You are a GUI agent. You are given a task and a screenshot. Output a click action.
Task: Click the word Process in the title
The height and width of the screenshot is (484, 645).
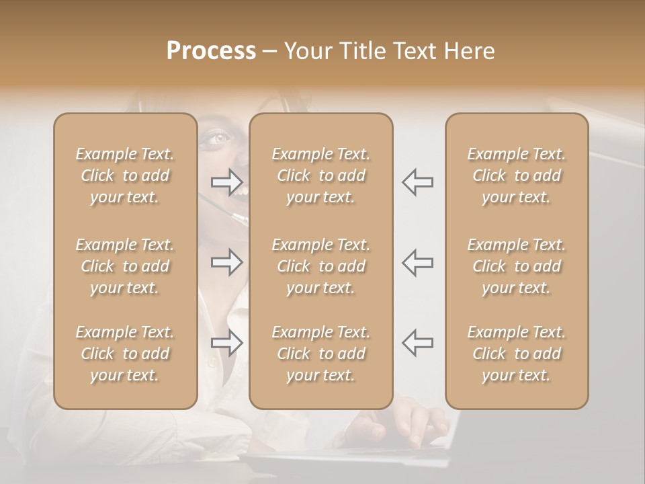coord(211,51)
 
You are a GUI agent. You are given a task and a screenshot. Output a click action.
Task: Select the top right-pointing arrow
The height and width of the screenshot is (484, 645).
coord(226,182)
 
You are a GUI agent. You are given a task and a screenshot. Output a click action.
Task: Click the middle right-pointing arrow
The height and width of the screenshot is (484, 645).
coord(226,262)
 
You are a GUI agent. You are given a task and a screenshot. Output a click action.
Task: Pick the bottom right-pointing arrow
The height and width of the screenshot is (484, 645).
coord(226,343)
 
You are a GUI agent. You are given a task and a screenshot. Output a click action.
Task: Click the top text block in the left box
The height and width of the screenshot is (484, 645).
coord(125,175)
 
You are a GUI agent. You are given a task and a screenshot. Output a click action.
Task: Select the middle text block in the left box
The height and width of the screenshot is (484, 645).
coord(125,266)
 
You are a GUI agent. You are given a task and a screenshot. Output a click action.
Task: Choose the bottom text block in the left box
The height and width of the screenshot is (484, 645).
coord(125,354)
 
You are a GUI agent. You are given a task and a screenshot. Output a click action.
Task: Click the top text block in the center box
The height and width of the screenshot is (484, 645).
coord(321,175)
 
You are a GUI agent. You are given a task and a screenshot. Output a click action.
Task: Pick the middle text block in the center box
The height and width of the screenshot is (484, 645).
coord(321,266)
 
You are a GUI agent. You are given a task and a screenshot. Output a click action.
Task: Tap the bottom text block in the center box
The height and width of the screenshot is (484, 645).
coord(321,354)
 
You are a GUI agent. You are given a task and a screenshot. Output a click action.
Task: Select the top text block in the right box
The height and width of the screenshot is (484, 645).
coord(517,175)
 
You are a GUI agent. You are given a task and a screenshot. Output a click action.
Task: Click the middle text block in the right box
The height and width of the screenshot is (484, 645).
coord(517,266)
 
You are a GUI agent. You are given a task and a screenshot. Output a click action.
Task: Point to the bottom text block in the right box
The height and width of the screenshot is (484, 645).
coord(517,354)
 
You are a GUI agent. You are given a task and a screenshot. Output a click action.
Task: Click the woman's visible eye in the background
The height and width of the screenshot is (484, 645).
coord(219,138)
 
